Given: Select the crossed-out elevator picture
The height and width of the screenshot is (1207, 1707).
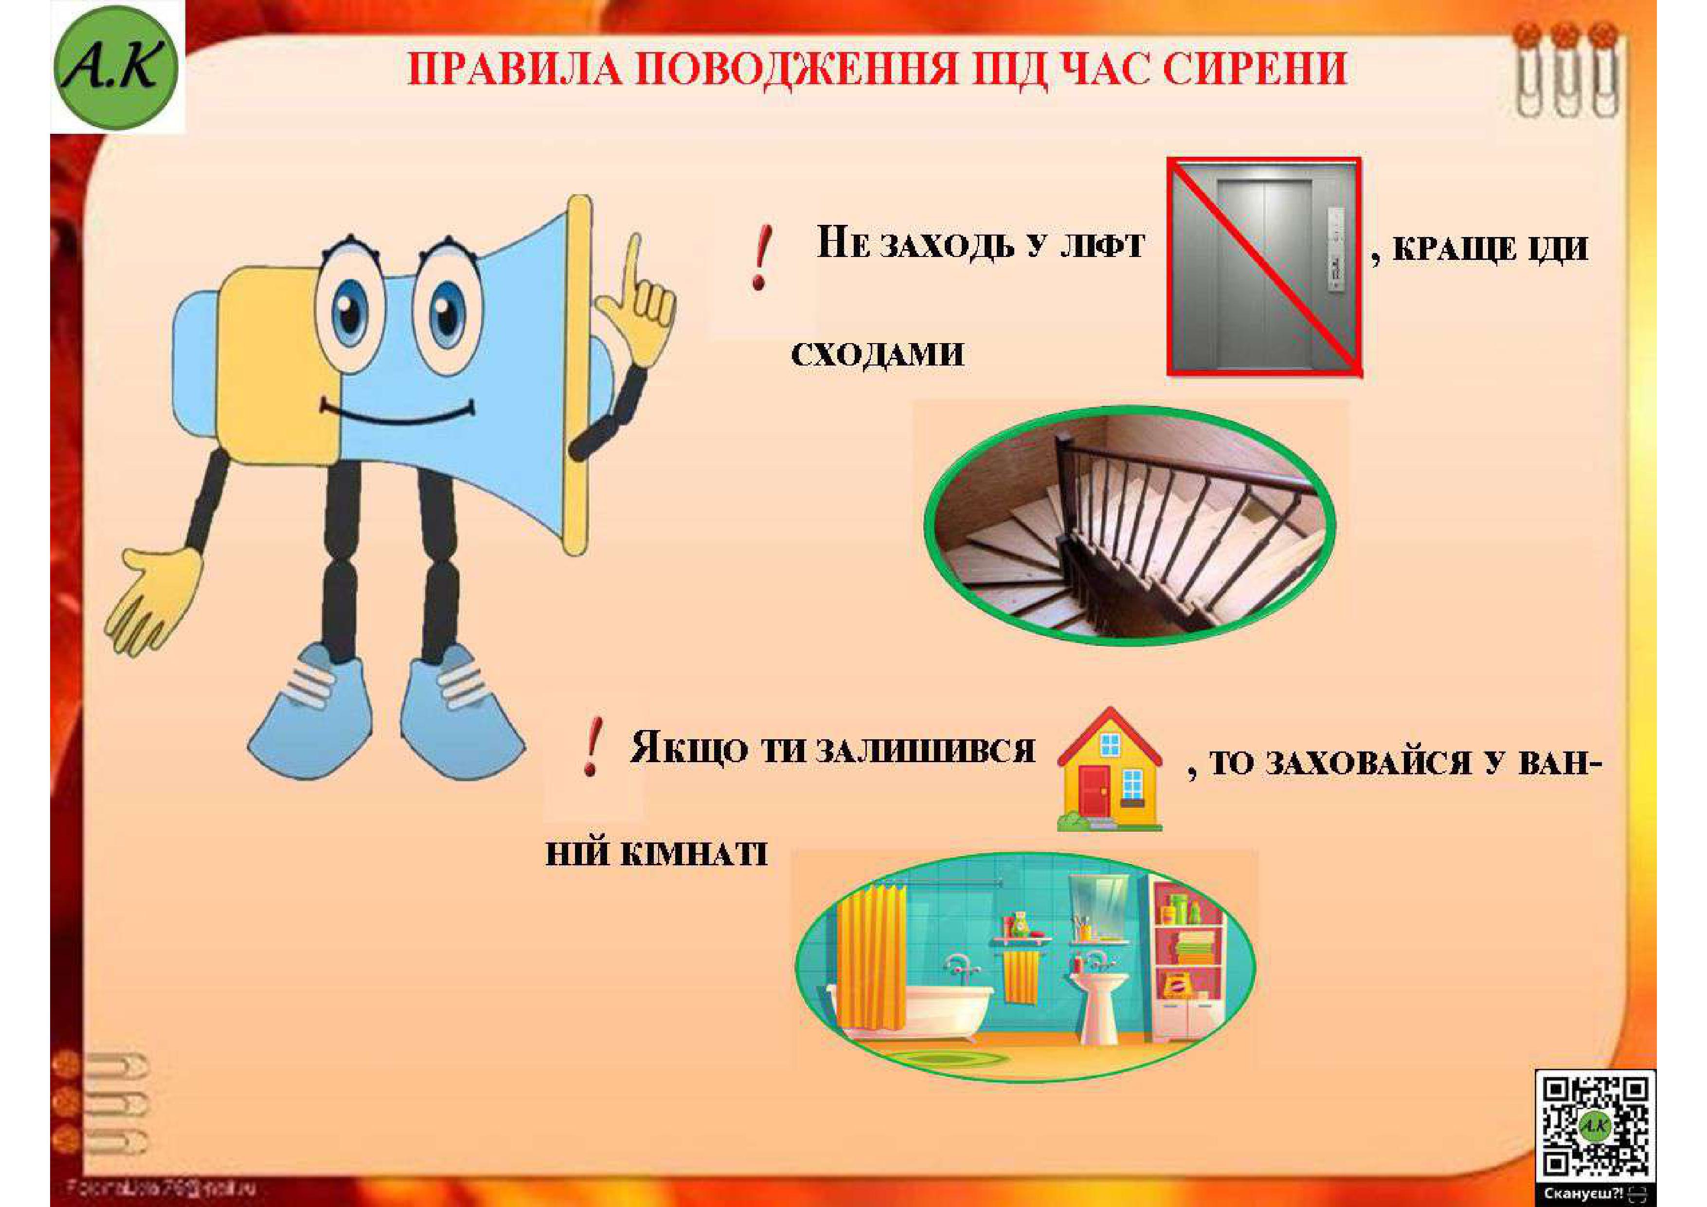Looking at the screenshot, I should coord(1264,266).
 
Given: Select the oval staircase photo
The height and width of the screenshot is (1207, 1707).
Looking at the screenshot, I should coord(1130,524).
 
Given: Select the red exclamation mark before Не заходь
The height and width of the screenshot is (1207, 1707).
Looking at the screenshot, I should coord(760,259).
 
